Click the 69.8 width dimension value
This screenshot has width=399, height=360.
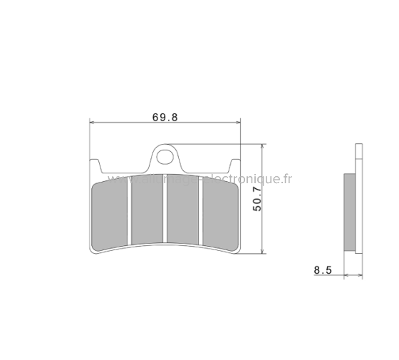coord(165,117)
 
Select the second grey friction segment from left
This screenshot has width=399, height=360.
coord(147,210)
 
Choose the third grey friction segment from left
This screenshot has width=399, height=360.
coord(184,210)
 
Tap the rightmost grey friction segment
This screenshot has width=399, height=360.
coord(219,210)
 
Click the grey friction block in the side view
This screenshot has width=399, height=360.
coord(349,212)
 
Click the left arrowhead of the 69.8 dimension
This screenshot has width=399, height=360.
coord(92,123)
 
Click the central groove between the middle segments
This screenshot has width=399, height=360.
coord(165,210)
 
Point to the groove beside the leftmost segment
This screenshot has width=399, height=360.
coord(129,210)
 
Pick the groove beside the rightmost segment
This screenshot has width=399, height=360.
coord(202,210)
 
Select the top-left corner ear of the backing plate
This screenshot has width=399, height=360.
coord(95,164)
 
